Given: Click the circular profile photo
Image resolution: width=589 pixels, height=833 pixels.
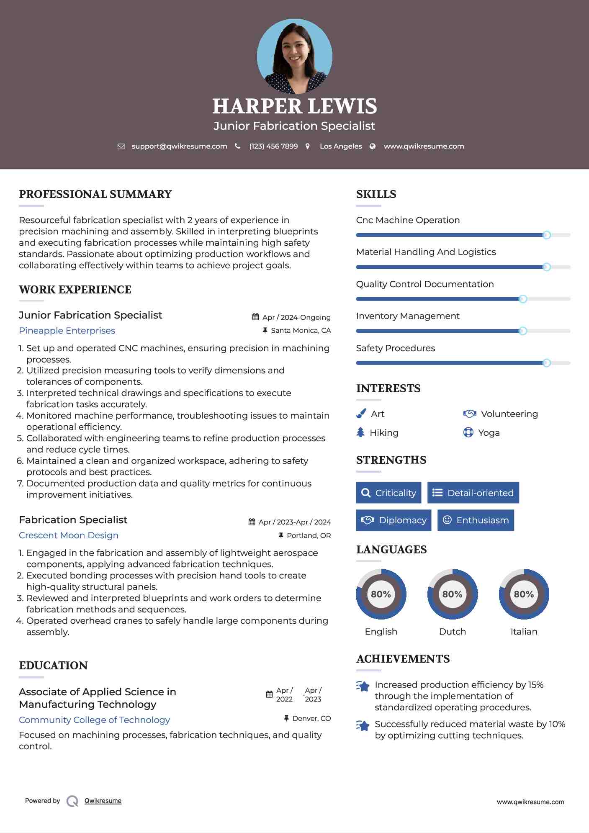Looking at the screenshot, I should [294, 56].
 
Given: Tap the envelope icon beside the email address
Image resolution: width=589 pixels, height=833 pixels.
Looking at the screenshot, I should [121, 147].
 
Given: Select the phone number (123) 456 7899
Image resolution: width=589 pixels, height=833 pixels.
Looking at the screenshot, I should [273, 147].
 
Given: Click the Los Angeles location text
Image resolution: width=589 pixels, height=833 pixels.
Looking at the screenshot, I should [341, 147].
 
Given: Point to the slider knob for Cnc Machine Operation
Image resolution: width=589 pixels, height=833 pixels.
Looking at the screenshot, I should [546, 235].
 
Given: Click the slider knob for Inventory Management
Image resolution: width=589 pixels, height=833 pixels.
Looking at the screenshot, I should [522, 331].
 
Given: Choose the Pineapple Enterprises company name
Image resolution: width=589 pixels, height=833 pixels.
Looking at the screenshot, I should [67, 331].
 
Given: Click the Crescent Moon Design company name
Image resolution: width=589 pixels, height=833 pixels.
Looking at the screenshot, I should [69, 535].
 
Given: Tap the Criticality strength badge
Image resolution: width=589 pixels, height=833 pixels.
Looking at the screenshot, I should [388, 493].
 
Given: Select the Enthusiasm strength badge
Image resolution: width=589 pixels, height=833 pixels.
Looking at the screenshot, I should [476, 520].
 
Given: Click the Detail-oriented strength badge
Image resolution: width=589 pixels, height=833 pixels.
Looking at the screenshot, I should [473, 493].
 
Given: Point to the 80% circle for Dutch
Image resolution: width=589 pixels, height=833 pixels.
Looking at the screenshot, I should [452, 594].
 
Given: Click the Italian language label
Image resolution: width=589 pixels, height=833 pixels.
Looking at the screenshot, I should [524, 632].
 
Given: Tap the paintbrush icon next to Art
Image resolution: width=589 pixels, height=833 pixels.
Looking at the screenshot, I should [361, 414].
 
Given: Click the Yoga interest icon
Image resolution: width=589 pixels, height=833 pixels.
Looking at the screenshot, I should [468, 432].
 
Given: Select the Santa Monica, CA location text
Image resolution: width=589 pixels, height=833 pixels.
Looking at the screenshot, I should [301, 331].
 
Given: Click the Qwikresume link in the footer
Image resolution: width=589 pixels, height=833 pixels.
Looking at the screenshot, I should [103, 801].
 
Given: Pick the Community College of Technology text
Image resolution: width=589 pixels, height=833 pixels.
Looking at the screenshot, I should [94, 720].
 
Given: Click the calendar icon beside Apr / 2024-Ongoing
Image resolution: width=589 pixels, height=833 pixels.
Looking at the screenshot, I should [255, 317].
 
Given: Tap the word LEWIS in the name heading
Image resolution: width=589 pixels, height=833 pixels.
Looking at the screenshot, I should [342, 106].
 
